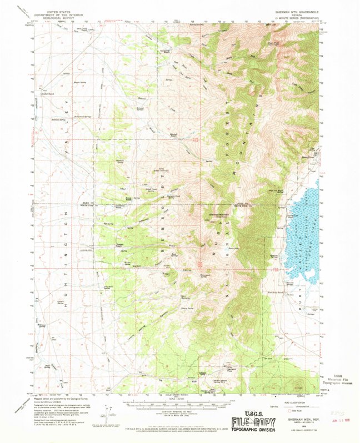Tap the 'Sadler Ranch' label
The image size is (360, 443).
tap(51, 93)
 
